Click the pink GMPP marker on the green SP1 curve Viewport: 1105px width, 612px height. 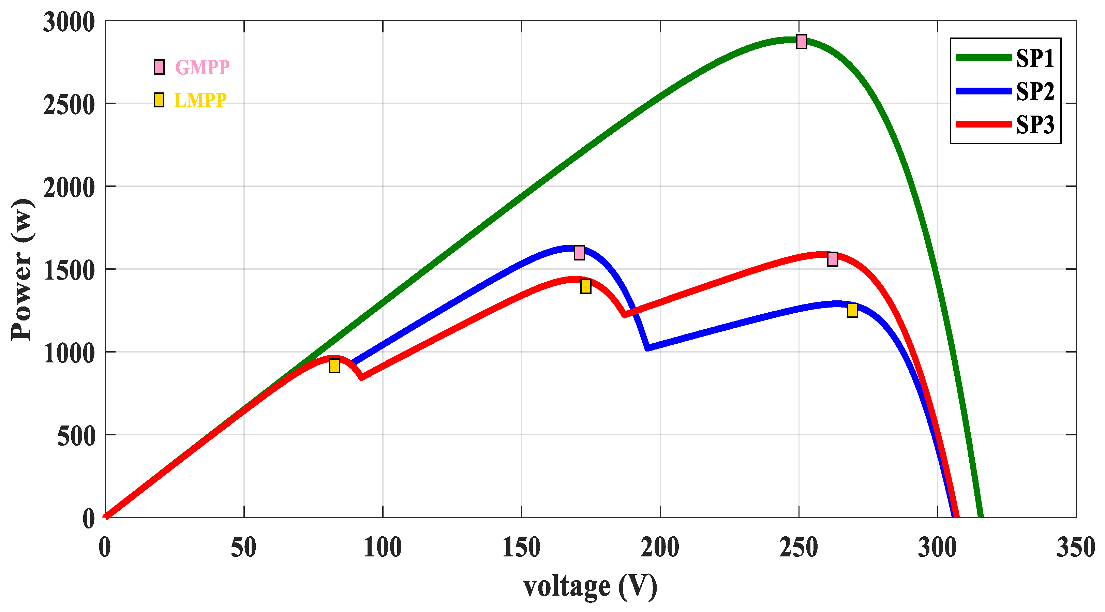(801, 42)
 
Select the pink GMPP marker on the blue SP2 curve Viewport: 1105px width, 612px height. (579, 253)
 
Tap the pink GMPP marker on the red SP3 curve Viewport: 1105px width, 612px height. (833, 259)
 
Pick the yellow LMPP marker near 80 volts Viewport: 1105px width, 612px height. (334, 366)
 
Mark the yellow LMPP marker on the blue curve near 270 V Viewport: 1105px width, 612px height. (852, 310)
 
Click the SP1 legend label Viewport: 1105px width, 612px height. (1035, 58)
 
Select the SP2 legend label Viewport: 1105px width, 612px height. (1035, 91)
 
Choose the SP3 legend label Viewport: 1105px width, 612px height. (1035, 125)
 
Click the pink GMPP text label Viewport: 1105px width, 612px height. (203, 67)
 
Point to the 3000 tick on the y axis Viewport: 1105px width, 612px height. (69, 22)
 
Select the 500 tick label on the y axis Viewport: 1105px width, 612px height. (76, 436)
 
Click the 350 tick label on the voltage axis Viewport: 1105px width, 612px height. (1076, 548)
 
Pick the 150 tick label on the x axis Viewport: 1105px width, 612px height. (521, 548)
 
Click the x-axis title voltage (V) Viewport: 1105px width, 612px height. (590, 586)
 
